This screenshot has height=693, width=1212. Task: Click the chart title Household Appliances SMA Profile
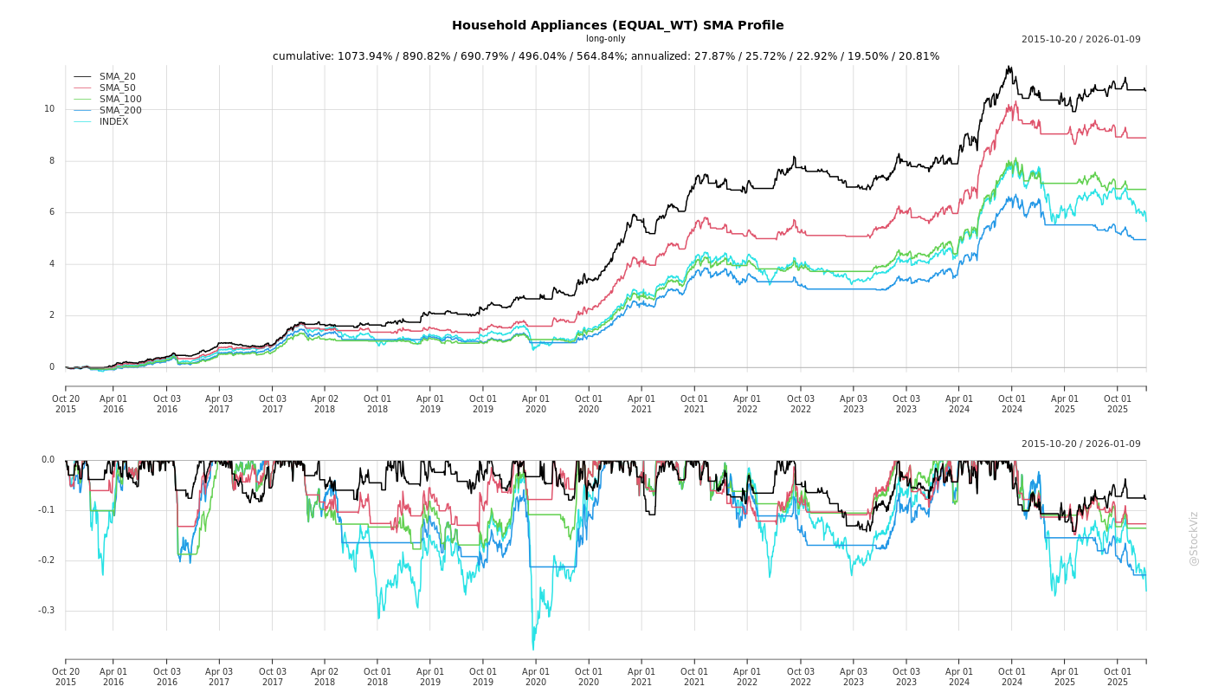click(x=617, y=25)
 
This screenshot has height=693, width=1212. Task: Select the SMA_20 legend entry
click(x=117, y=77)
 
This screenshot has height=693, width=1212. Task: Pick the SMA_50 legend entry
click(x=117, y=88)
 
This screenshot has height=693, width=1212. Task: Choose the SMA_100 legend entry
click(x=120, y=100)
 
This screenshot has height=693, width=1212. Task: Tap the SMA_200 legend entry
click(x=120, y=111)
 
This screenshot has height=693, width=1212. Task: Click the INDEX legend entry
click(x=113, y=122)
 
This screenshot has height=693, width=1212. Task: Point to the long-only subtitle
click(x=605, y=39)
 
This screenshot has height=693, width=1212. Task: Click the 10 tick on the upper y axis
click(x=49, y=109)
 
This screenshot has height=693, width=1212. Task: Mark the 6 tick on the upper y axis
click(x=52, y=212)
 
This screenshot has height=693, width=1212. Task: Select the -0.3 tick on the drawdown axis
click(x=46, y=611)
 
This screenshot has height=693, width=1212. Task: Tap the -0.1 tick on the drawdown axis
click(x=46, y=510)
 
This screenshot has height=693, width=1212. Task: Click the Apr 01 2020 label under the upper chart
click(x=536, y=404)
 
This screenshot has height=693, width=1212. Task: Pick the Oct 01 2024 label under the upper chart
click(x=1011, y=404)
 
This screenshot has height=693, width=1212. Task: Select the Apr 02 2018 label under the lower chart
click(x=325, y=677)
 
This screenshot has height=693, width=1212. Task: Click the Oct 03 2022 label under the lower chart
click(x=800, y=677)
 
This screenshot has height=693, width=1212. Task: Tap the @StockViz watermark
click(x=1194, y=538)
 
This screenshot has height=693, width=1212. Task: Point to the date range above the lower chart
click(x=1080, y=444)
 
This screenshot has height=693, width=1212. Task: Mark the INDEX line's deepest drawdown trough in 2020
click(x=532, y=650)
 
